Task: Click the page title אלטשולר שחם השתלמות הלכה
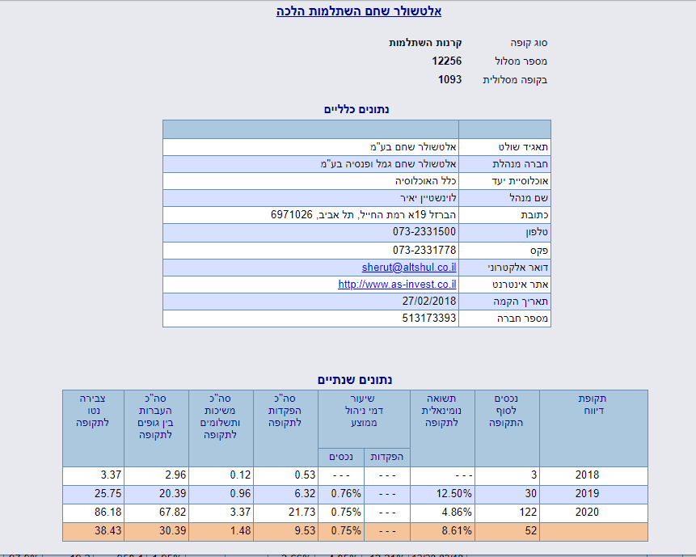point(348,11)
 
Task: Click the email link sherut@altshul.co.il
point(409,267)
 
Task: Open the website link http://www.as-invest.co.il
point(397,284)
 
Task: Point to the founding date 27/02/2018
point(429,301)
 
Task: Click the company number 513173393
point(429,319)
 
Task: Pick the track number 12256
point(446,61)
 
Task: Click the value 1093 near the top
point(449,80)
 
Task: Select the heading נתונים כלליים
point(356,109)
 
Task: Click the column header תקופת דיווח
point(593,404)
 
